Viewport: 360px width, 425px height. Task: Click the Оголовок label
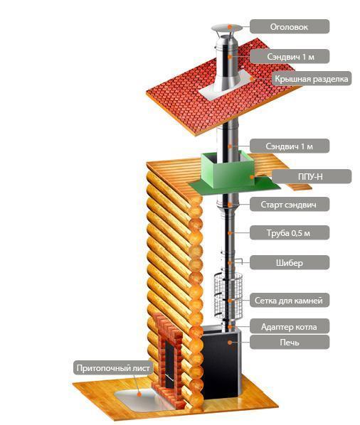pos(290,26)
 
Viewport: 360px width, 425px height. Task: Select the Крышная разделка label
pos(312,79)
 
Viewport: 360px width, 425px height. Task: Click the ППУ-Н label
pos(312,177)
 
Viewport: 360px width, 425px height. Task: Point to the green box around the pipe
pos(228,171)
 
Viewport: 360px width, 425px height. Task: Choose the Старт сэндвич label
pos(290,205)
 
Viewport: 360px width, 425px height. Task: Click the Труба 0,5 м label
pos(290,233)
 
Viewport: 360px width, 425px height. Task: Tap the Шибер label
pos(290,263)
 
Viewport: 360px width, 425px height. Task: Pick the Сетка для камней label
pos(290,301)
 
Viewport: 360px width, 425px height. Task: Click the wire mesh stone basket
pos(228,296)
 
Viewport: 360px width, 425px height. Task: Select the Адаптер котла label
pos(290,326)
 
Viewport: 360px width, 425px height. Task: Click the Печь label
pos(290,342)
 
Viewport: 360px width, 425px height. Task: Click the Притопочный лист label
pos(113,368)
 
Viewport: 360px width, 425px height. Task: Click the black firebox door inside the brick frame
pos(169,360)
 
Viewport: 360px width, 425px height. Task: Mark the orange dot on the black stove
pos(230,343)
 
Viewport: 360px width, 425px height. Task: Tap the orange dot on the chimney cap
pos(230,27)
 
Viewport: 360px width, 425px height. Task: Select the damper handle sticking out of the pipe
pos(238,261)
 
